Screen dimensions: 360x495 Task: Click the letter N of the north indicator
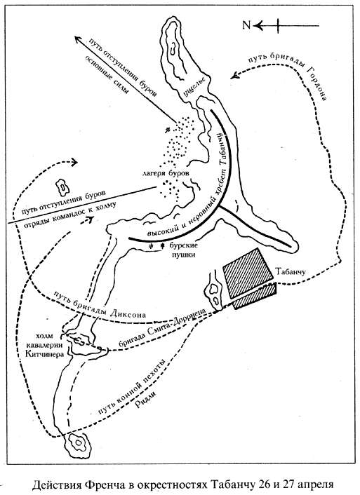[246, 25]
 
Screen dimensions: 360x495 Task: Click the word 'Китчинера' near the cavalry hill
[45, 354]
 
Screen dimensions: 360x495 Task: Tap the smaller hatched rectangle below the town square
[255, 295]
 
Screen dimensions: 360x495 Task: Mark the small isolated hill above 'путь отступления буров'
[63, 187]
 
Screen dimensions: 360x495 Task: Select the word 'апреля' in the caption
[314, 485]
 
